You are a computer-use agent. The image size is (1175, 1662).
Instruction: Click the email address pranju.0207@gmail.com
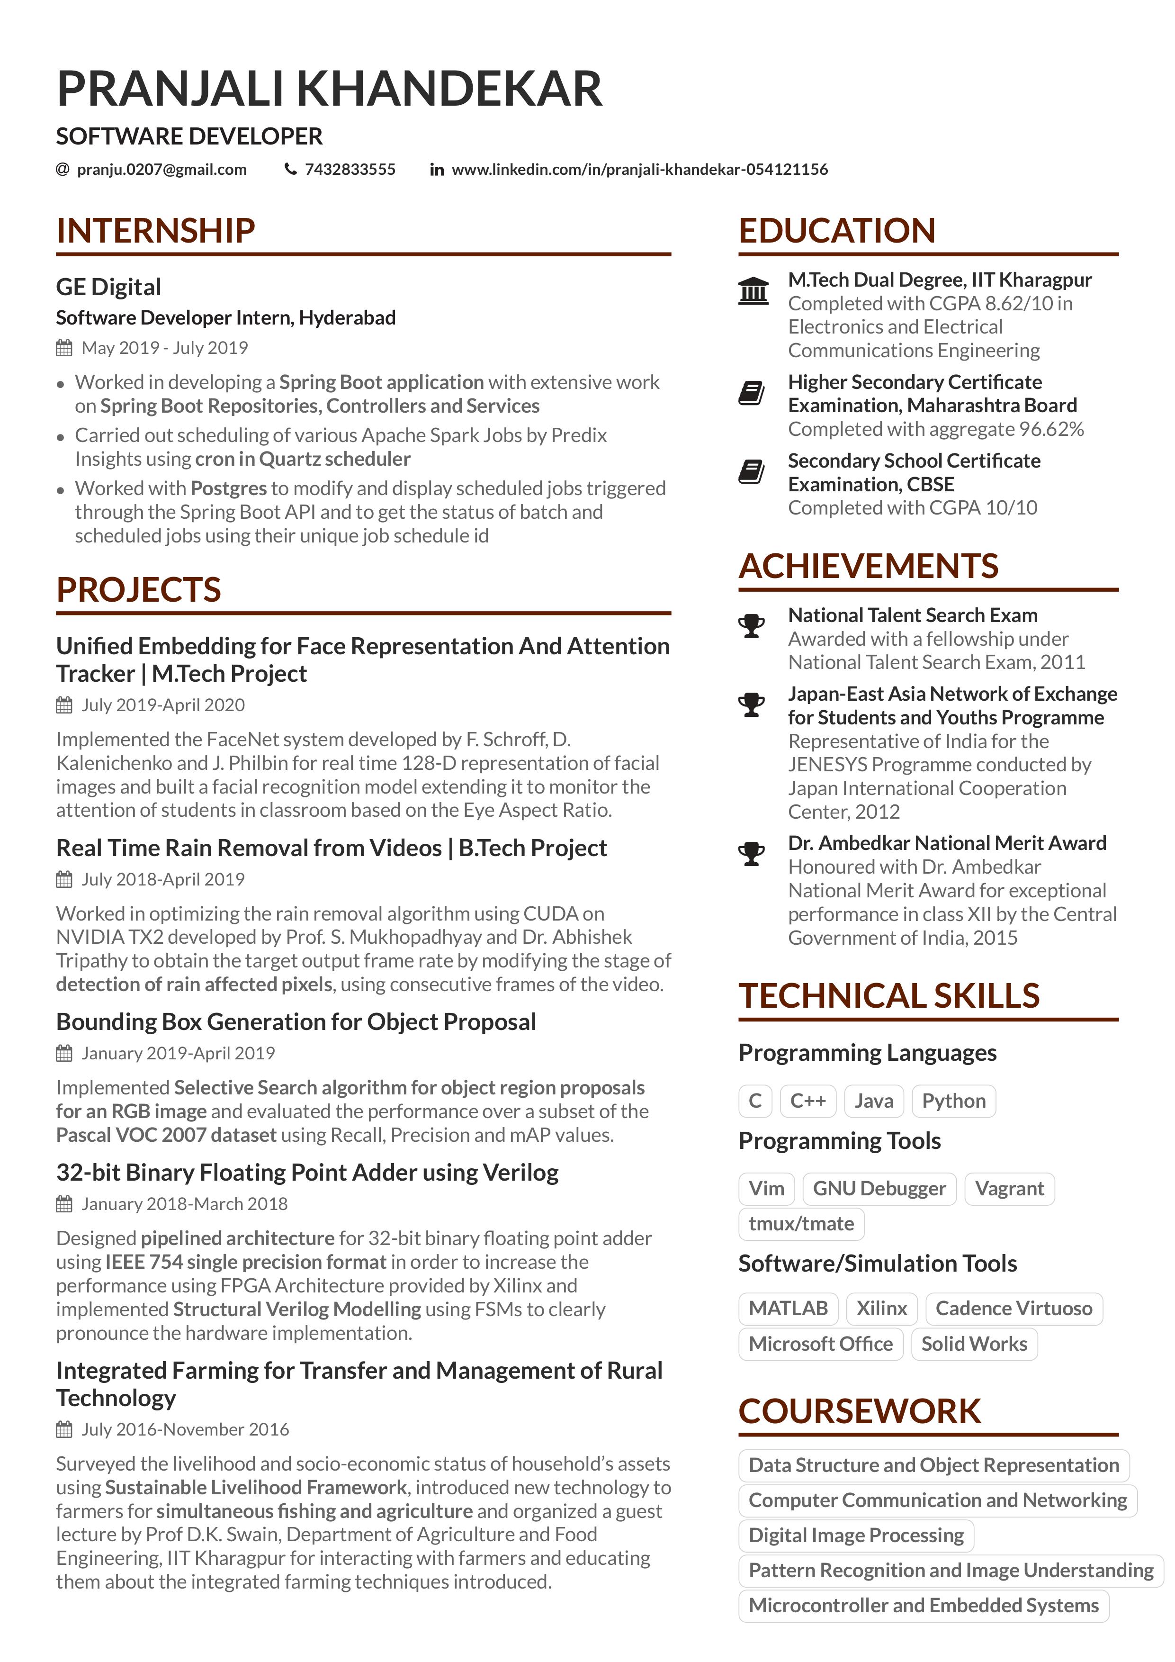click(161, 170)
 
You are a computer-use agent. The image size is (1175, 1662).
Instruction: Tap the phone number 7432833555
click(350, 170)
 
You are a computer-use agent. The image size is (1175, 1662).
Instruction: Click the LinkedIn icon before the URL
click(436, 170)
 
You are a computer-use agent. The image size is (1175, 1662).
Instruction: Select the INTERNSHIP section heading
click(155, 231)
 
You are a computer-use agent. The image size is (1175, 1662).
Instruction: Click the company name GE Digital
click(108, 287)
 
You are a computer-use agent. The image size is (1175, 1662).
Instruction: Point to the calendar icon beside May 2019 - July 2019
click(64, 348)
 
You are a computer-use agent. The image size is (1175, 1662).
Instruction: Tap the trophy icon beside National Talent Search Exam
click(752, 625)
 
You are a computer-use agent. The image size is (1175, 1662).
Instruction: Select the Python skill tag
click(954, 1101)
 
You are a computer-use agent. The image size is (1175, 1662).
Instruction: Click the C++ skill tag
click(808, 1101)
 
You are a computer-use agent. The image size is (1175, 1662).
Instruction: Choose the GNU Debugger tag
click(879, 1189)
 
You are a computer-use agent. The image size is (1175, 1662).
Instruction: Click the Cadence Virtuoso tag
click(1014, 1309)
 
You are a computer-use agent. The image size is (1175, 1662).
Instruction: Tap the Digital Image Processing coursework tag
click(856, 1536)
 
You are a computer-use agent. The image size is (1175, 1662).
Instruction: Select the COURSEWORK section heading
click(860, 1411)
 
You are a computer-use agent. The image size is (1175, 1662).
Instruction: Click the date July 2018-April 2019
click(163, 879)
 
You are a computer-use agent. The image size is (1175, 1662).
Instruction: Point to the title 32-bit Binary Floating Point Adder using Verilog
click(307, 1173)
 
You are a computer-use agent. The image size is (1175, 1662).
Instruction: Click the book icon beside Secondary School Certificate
click(752, 472)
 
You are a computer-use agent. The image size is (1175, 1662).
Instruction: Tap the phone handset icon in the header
click(291, 170)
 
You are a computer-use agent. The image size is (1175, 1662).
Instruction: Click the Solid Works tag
click(974, 1344)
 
